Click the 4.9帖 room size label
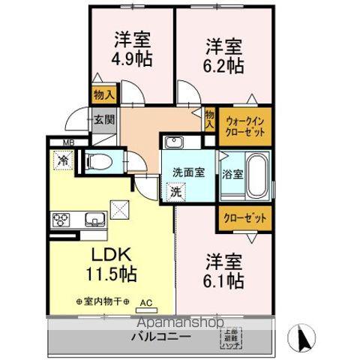pyautogui.click(x=132, y=58)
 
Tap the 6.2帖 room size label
pyautogui.click(x=224, y=65)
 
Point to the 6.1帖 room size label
pyautogui.click(x=224, y=280)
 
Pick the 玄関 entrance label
pyautogui.click(x=103, y=119)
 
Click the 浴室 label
pyautogui.click(x=232, y=175)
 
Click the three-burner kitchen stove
pyautogui.click(x=61, y=220)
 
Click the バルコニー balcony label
pyautogui.click(x=160, y=337)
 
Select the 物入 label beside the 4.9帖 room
pyautogui.click(x=103, y=95)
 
